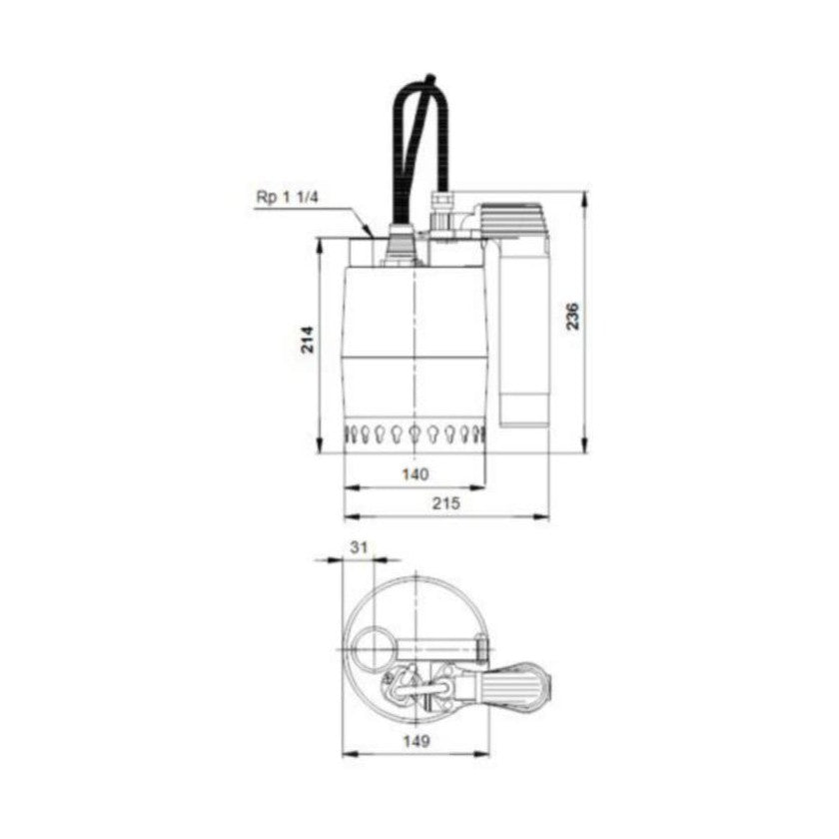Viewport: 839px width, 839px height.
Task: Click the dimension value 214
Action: point(308,340)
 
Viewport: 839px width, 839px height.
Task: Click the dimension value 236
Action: point(571,317)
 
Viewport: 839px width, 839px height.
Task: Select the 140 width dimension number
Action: point(414,472)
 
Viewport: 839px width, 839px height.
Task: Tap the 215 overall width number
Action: point(445,504)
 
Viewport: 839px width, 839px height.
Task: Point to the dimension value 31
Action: point(360,546)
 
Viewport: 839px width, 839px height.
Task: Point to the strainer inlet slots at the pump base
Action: point(415,434)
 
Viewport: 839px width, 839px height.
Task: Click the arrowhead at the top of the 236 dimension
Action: point(584,196)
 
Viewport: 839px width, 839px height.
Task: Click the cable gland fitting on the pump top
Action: point(401,240)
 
